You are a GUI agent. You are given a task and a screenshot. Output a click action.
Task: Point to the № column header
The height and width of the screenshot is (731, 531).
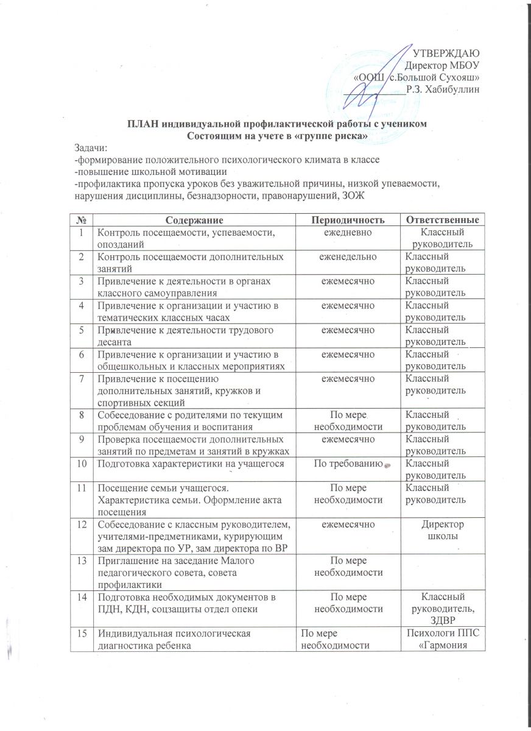tap(80, 218)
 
